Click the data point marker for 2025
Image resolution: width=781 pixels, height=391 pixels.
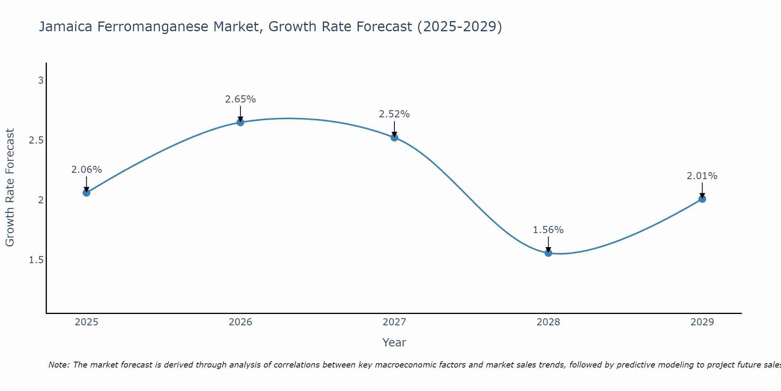pos(86,193)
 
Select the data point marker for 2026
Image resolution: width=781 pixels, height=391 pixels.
pos(241,122)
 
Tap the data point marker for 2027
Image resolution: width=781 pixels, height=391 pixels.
pos(394,138)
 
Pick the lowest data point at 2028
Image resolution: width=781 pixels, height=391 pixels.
pos(548,253)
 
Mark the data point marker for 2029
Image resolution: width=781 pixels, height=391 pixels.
pos(702,199)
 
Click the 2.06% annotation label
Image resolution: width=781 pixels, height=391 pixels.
pos(86,170)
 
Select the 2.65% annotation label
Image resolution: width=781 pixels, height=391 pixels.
pos(241,99)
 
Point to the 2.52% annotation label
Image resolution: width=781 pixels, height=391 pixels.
pos(394,114)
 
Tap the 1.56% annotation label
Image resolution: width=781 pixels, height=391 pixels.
pos(548,230)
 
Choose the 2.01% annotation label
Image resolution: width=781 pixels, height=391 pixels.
pos(702,176)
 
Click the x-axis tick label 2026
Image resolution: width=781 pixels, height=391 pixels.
pos(241,322)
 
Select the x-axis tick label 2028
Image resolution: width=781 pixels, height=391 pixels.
pos(548,322)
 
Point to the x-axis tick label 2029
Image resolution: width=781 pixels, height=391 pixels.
pos(702,322)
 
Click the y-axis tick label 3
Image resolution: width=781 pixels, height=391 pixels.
pos(41,81)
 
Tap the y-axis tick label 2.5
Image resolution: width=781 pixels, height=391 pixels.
pos(36,140)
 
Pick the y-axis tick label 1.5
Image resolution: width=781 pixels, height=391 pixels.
pos(36,260)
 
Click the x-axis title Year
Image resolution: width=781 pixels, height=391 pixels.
pos(394,343)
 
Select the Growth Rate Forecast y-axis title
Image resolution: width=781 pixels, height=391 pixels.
pos(10,188)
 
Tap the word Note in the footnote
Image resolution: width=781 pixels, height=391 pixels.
pos(58,365)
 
